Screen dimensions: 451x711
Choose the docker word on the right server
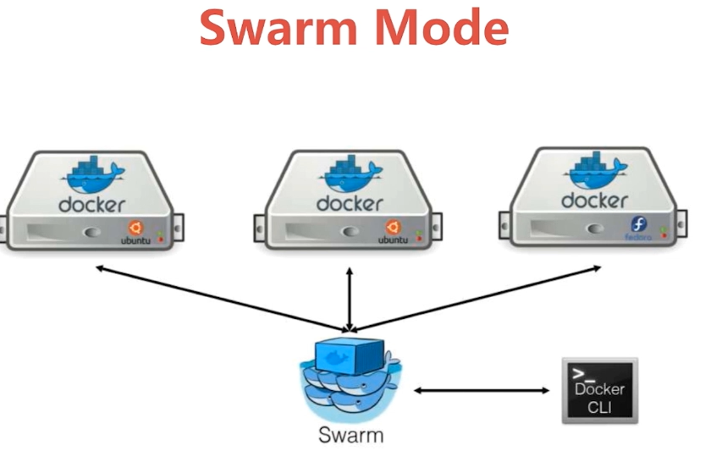click(x=594, y=200)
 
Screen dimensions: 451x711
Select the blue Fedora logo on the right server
click(x=639, y=224)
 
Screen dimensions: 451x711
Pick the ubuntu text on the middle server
click(x=392, y=240)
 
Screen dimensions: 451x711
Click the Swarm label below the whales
click(x=350, y=436)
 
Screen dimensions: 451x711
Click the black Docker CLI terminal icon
click(x=599, y=390)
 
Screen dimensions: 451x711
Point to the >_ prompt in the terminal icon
click(x=580, y=371)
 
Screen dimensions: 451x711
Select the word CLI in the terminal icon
click(x=599, y=407)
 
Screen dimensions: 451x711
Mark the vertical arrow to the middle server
click(x=349, y=296)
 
